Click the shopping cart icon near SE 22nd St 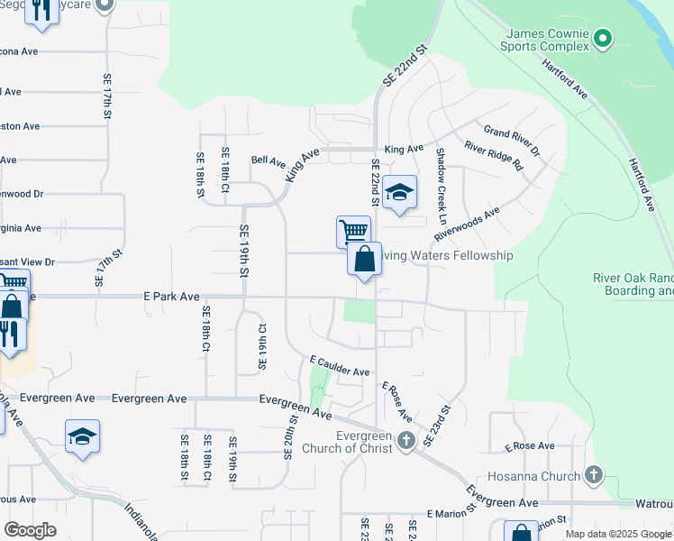pyautogui.click(x=353, y=231)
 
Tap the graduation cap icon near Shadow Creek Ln pyautogui.click(x=399, y=192)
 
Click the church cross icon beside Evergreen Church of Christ pyautogui.click(x=406, y=440)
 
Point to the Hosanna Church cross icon pyautogui.click(x=593, y=474)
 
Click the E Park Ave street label pyautogui.click(x=171, y=296)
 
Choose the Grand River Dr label pyautogui.click(x=511, y=138)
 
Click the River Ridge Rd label pyautogui.click(x=493, y=156)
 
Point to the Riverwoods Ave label pyautogui.click(x=467, y=224)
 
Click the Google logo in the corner pyautogui.click(x=30, y=530)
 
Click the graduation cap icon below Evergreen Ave pyautogui.click(x=82, y=437)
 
